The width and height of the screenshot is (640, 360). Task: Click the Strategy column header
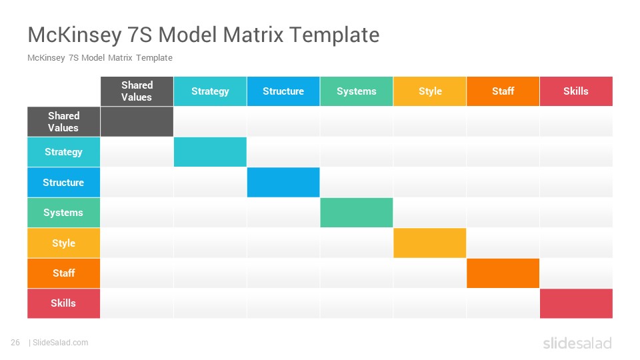coord(210,91)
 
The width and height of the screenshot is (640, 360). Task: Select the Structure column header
coord(283,91)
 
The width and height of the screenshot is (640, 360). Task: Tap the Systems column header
coord(356,91)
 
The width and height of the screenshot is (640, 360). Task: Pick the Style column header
coord(430,91)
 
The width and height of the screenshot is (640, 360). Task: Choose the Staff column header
coord(503,91)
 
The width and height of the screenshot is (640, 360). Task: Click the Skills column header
coord(576,91)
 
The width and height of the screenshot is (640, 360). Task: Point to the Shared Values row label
coord(64,121)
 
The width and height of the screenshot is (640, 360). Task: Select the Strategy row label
coord(64,152)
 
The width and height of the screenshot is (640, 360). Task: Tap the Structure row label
coord(64,183)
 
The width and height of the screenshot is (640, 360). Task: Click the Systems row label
coord(64,213)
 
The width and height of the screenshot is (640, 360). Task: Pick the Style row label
coord(64,243)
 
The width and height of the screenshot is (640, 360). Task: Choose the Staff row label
coord(64,273)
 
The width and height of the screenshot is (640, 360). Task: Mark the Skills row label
coord(64,303)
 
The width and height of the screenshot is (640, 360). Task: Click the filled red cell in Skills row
coord(576,303)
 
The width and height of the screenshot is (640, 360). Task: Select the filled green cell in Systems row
coord(356,213)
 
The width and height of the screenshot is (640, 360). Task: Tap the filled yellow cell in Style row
coord(430,243)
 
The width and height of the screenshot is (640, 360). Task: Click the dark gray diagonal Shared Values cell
coord(137,121)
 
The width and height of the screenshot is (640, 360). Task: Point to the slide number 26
coord(15,343)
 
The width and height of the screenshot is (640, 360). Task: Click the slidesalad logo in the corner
coord(577,343)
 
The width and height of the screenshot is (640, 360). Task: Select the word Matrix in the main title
coord(253,34)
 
